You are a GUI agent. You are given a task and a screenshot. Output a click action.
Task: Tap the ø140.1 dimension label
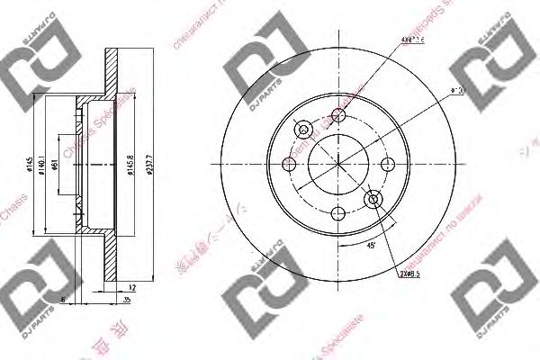coord(44,166)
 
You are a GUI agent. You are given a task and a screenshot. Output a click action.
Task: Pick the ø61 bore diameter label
coord(56,165)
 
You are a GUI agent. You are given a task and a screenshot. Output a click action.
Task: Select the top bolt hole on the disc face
coord(338,114)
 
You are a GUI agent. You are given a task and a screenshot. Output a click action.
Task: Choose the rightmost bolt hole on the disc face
coord(388,164)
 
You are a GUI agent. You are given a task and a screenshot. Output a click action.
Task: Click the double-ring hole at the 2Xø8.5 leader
coord(373,200)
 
